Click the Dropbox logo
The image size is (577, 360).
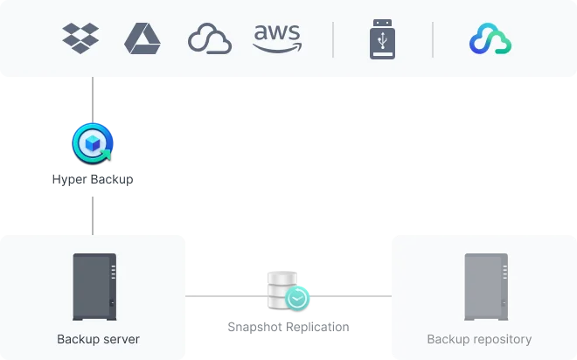[x=80, y=38]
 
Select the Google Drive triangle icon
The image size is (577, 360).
[x=143, y=38]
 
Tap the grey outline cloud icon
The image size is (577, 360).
[x=210, y=38]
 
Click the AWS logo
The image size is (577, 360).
[x=277, y=38]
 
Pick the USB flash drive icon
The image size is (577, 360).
[x=382, y=39]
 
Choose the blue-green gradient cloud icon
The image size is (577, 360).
[x=490, y=38]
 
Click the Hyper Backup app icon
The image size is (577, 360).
[x=93, y=143]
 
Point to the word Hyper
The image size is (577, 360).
[x=70, y=179]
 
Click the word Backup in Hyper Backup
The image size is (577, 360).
[x=112, y=179]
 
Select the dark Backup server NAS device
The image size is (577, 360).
[x=94, y=287]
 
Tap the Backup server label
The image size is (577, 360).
[x=98, y=339]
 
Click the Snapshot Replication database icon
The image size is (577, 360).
[x=288, y=291]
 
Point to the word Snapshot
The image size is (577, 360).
[x=255, y=327]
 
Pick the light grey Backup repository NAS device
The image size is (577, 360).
[x=486, y=287]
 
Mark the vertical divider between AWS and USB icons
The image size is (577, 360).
[x=333, y=39]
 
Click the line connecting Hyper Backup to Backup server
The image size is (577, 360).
[x=93, y=216]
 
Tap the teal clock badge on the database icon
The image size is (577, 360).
[x=297, y=298]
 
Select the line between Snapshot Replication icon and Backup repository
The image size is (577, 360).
[x=351, y=296]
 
